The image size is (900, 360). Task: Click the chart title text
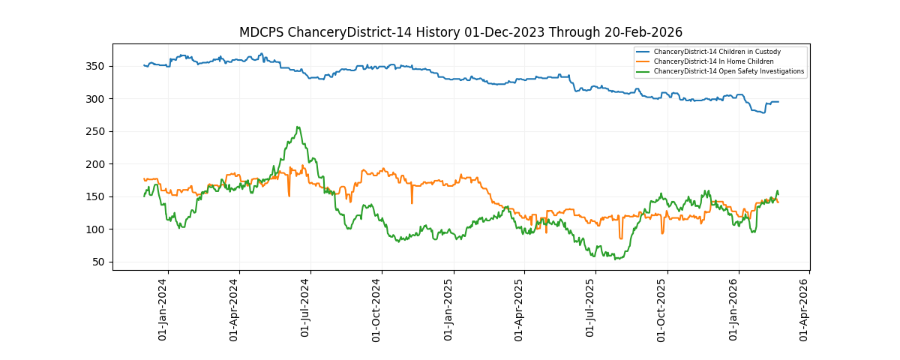pos(460,32)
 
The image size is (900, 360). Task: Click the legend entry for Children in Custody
pos(717,52)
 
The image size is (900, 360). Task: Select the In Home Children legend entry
pos(713,61)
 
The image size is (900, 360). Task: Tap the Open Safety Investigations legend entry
pos(728,71)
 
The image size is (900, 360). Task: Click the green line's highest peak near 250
pos(298,127)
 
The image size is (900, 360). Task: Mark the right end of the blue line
pos(778,102)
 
